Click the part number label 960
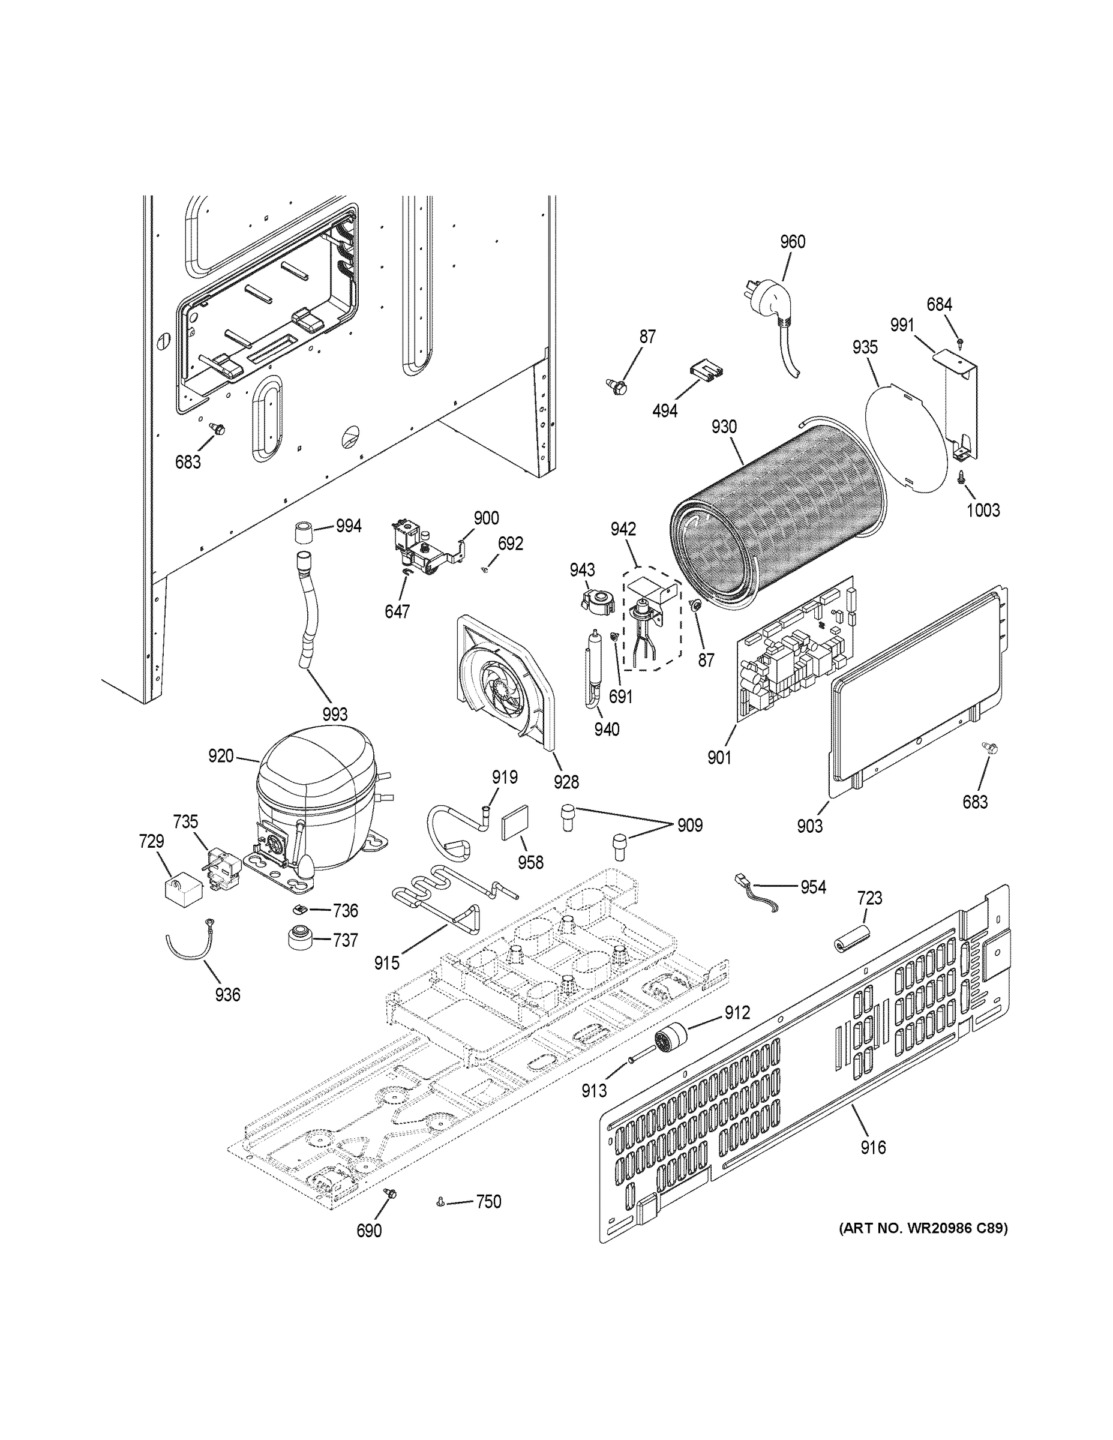click(x=793, y=242)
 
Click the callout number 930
click(x=724, y=427)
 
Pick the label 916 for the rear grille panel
click(x=873, y=1148)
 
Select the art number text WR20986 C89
click(x=923, y=1228)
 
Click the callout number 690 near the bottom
click(x=368, y=1231)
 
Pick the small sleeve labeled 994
click(x=304, y=531)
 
